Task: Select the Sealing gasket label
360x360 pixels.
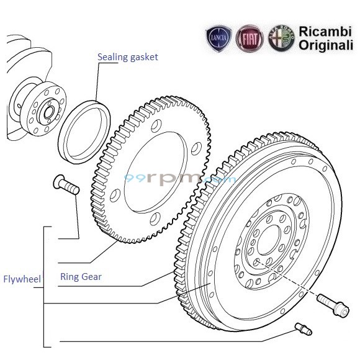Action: (x=127, y=57)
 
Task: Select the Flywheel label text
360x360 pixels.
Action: (x=21, y=279)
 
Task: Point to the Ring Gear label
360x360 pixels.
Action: (x=81, y=277)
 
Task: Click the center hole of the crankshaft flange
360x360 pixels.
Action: (x=47, y=113)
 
